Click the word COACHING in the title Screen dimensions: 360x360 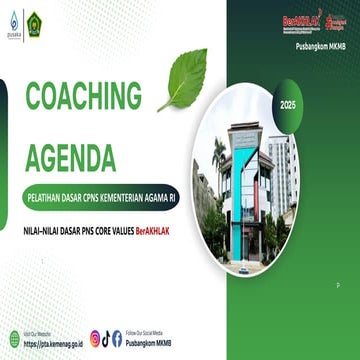click(84, 96)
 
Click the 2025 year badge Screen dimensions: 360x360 click(289, 104)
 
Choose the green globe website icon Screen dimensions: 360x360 click(14, 338)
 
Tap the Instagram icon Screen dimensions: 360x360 click(95, 338)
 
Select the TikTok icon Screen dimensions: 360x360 click(106, 338)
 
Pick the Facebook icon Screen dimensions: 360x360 click(117, 338)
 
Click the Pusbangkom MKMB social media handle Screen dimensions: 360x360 click(150, 343)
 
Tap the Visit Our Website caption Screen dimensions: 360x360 click(41, 333)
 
